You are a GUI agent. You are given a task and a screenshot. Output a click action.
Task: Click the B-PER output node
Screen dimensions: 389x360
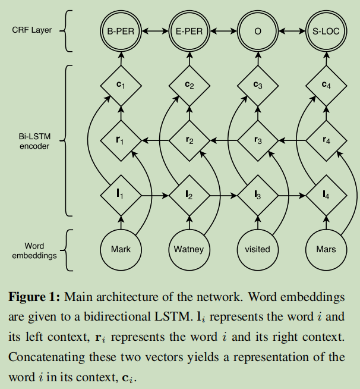coord(121,31)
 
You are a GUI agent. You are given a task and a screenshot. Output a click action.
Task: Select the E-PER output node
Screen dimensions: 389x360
coord(189,31)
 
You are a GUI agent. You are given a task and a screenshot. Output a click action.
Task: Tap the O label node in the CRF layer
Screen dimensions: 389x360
coord(257,31)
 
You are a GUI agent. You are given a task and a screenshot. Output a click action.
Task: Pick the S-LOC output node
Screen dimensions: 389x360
coord(326,31)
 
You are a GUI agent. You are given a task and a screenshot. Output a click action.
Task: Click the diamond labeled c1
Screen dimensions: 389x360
coord(121,86)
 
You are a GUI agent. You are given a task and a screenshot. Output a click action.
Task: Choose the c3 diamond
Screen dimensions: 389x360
coord(257,86)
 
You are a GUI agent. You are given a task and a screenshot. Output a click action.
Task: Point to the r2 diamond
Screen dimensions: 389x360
coord(189,140)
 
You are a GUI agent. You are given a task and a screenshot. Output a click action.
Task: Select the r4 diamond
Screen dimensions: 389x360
coord(326,140)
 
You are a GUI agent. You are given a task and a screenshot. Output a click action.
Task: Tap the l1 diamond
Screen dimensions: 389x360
coord(121,194)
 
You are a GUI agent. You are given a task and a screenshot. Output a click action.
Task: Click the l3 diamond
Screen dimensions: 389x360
coord(257,194)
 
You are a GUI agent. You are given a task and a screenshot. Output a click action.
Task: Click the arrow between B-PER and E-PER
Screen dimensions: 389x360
coord(155,31)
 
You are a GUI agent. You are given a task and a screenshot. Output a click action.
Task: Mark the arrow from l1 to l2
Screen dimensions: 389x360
coord(155,194)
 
